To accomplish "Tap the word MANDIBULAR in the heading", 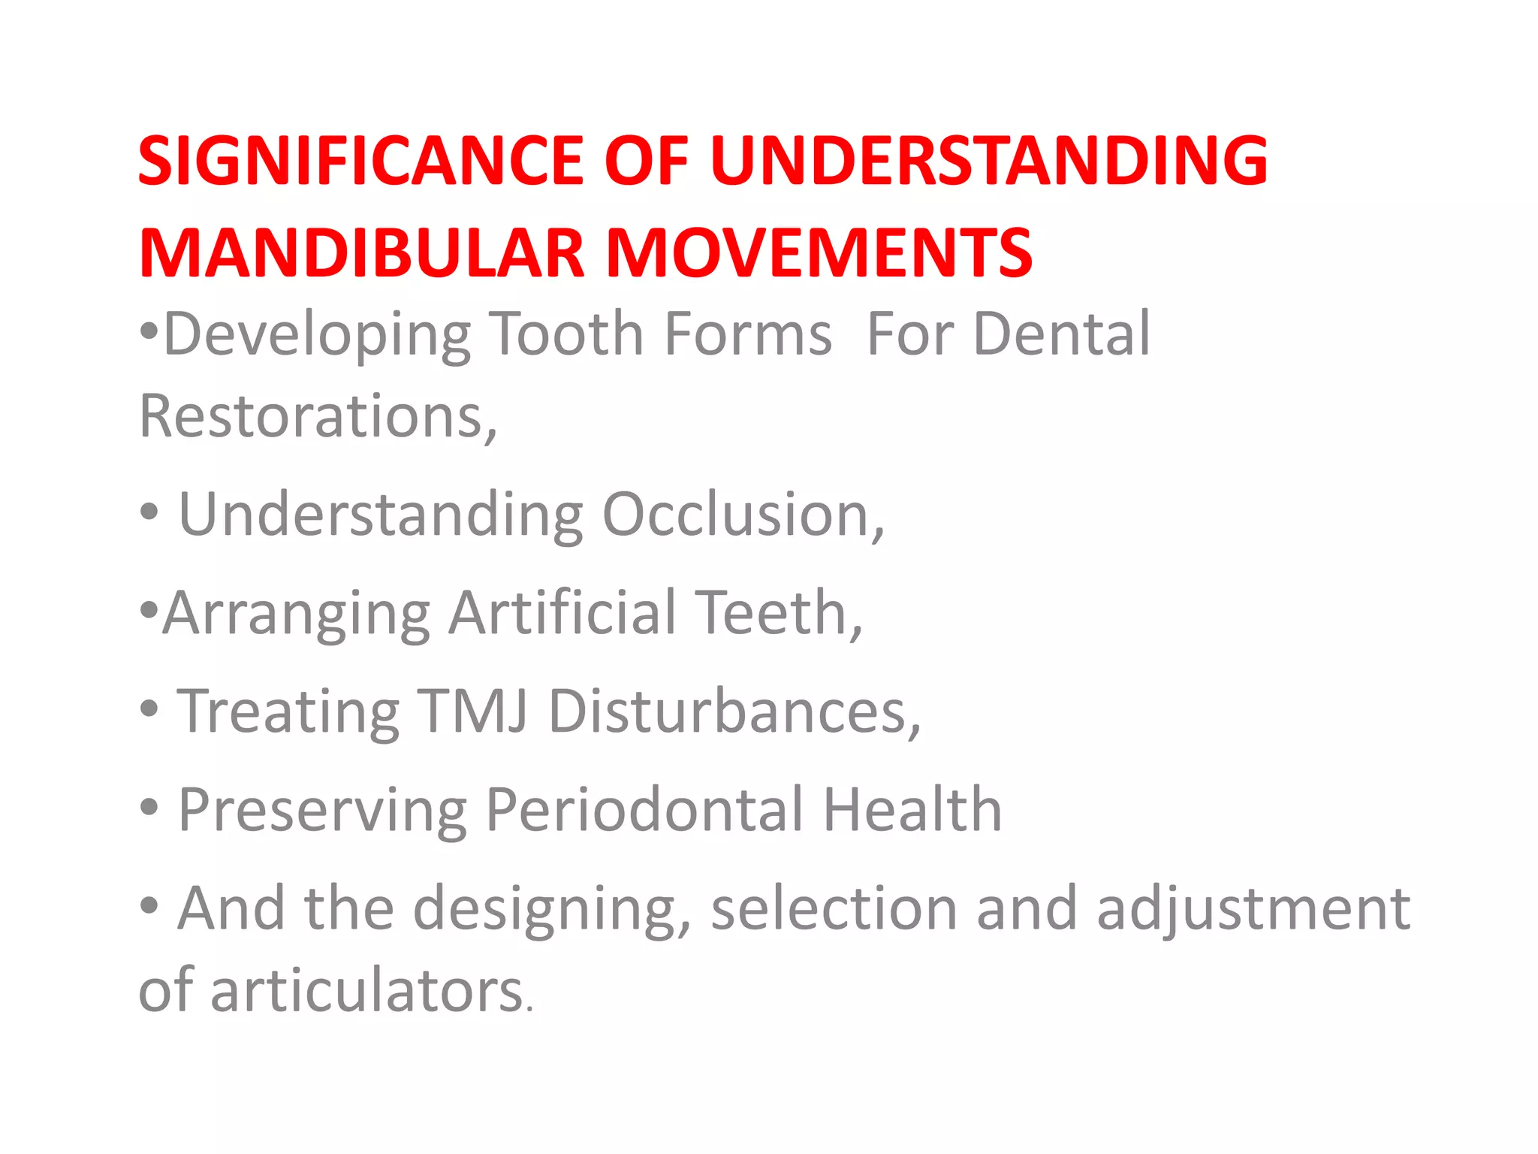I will pos(360,252).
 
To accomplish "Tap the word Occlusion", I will pos(743,515).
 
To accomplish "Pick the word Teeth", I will pos(777,612).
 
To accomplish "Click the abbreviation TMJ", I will pos(472,711).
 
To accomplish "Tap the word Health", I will pos(912,809).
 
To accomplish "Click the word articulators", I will pos(366,990).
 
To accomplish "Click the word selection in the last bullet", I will pos(834,908).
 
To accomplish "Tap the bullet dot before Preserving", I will pos(149,808).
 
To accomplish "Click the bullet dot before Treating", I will pos(149,708).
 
